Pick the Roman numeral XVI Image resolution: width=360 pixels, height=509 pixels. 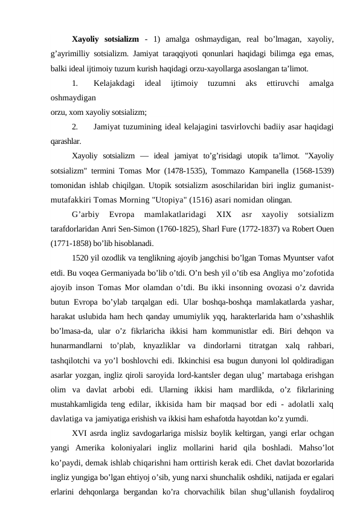point(80,433)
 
